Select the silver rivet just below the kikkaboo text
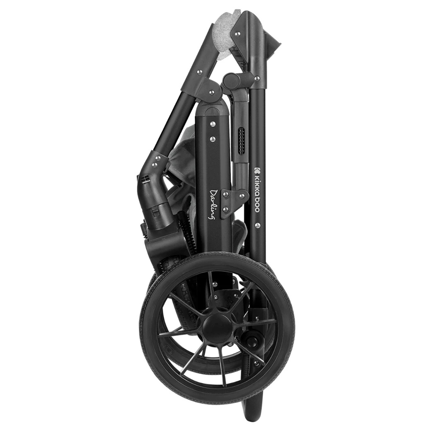[257, 225]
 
